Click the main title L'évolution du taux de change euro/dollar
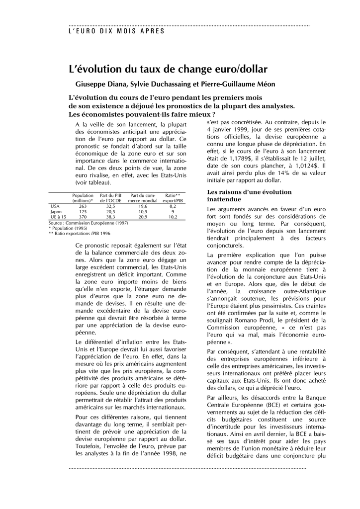pos(168,69)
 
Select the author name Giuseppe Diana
pos(99,84)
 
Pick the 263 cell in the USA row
pos(83,206)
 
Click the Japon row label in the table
pos(55,211)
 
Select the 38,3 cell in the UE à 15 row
pos(110,217)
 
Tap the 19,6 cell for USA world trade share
pos(143,206)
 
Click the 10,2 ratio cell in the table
pos(173,217)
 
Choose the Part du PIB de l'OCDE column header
pos(110,198)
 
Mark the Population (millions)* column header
pos(83,198)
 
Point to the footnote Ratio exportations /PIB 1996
pos(80,233)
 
